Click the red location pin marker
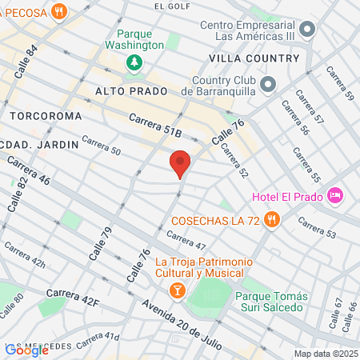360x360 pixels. (180, 162)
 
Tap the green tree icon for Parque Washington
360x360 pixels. (135, 62)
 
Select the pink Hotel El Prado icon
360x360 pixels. (335, 195)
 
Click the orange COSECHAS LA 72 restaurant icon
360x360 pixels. (273, 220)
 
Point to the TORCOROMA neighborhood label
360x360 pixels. (46, 116)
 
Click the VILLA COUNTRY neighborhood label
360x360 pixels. (253, 58)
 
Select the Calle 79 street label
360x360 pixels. (104, 242)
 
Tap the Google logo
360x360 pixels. (26, 350)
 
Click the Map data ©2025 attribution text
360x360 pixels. (324, 354)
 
